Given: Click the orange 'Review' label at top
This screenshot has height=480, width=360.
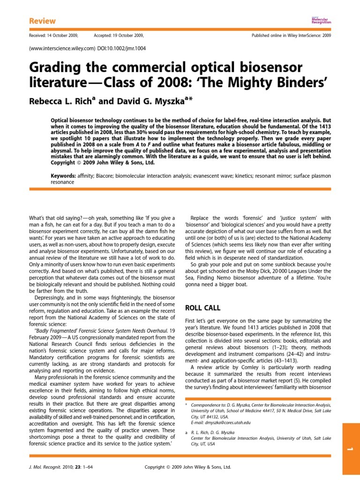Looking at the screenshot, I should [x=42, y=21].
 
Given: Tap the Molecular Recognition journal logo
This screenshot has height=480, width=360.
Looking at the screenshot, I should [x=321, y=20].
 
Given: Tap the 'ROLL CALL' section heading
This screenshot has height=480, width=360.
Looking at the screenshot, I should [x=203, y=308].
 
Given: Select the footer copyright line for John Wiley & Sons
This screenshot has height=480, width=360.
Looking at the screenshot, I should [x=187, y=467].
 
